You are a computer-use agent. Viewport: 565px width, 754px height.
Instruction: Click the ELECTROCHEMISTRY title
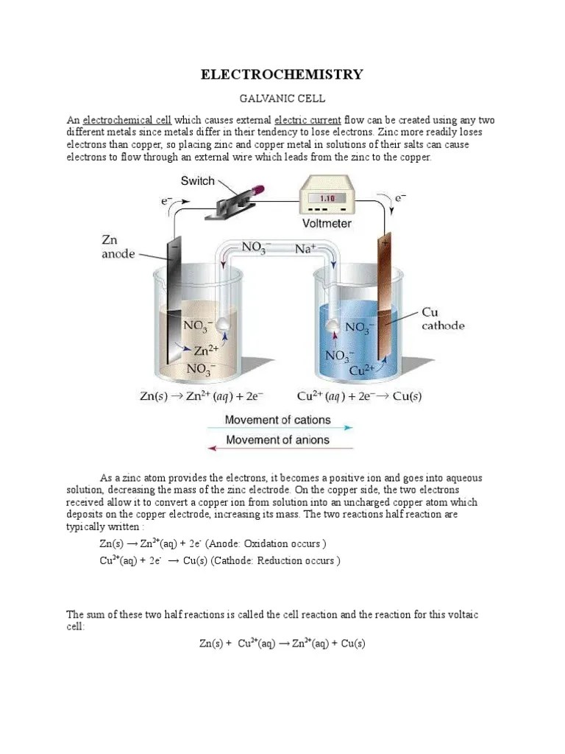(282, 74)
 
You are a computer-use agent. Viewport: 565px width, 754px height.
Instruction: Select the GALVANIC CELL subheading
(282, 98)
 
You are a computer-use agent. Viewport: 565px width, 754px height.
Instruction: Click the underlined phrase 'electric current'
(308, 120)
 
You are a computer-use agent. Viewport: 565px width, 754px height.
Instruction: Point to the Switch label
(198, 181)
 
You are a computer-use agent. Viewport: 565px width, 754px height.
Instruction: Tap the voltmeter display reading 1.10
(327, 198)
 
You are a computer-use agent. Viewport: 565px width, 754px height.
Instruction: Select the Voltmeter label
(327, 222)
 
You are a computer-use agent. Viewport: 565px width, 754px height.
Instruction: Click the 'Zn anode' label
(118, 247)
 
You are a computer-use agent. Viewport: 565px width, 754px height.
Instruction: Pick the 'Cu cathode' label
(442, 319)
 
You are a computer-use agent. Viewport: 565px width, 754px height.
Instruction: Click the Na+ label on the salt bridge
(305, 250)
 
